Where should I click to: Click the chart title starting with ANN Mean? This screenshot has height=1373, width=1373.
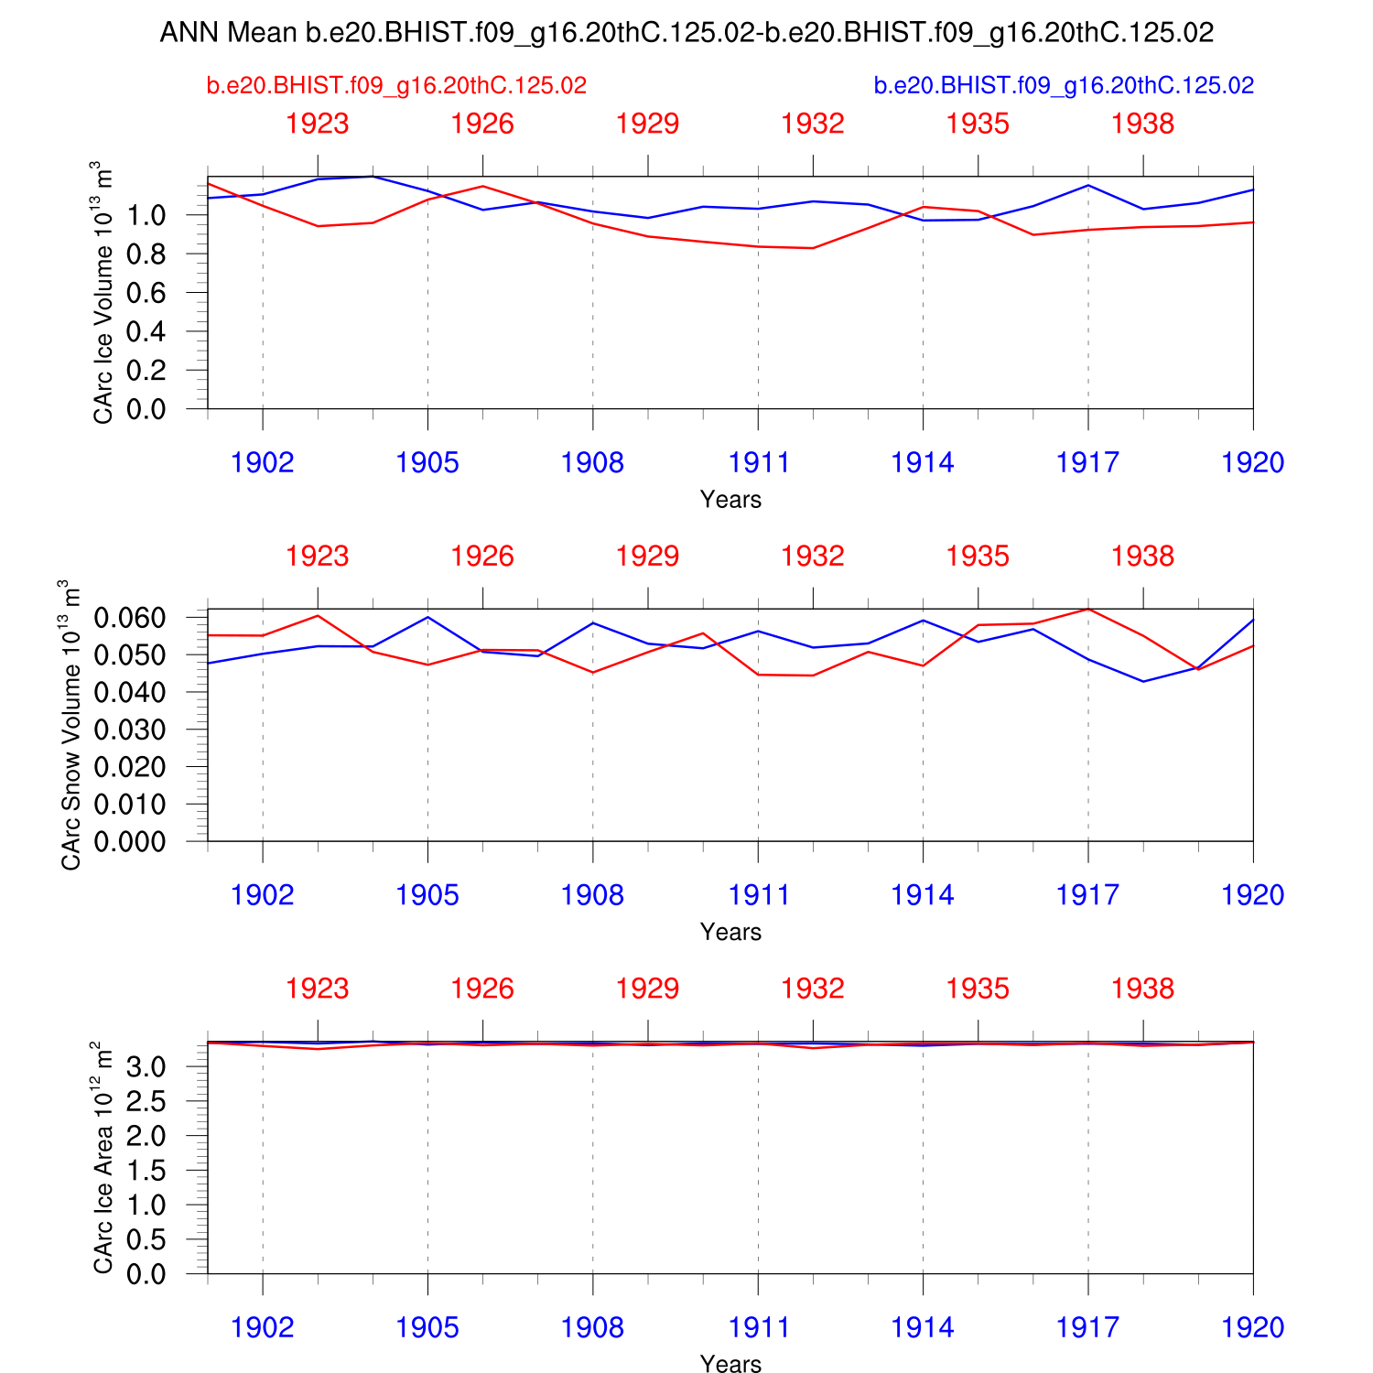click(686, 33)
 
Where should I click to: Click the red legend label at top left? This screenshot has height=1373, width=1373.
click(396, 86)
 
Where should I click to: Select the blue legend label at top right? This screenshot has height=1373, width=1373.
click(1064, 86)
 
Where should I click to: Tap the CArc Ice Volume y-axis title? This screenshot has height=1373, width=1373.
click(103, 293)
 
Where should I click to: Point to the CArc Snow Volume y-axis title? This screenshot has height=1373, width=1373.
click(71, 725)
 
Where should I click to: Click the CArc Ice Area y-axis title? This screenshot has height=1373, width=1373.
click(103, 1157)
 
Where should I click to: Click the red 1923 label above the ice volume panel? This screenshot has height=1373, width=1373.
click(318, 124)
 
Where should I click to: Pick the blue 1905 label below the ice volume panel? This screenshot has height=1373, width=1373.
click(427, 462)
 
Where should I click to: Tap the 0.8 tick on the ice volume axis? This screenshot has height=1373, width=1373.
click(146, 254)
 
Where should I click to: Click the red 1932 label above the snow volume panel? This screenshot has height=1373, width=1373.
click(813, 557)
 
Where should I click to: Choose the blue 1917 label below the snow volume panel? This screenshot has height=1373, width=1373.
click(1087, 895)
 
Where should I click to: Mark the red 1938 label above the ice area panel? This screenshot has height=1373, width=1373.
click(1142, 989)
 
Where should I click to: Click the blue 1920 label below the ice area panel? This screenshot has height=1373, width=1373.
click(1252, 1327)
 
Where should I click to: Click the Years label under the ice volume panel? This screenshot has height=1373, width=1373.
click(730, 500)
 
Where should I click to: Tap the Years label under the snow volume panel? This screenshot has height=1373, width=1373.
click(730, 932)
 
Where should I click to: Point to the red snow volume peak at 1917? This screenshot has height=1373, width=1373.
click(1087, 610)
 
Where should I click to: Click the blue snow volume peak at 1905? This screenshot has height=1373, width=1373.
click(427, 617)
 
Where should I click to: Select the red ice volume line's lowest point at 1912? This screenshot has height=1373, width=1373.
click(813, 248)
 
